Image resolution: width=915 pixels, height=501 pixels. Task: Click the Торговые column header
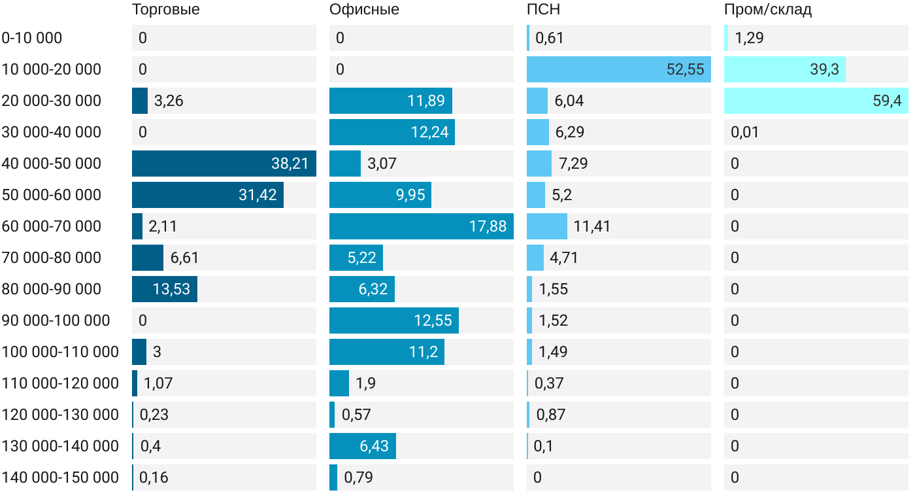165,10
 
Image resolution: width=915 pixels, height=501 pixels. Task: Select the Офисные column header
364,10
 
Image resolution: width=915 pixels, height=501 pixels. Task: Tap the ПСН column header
543,10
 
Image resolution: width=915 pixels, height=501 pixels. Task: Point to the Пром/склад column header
768,10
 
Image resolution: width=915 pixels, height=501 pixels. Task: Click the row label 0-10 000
32,38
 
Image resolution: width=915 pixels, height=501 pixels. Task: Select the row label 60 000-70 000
52,226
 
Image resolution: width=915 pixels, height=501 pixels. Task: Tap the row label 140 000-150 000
60,477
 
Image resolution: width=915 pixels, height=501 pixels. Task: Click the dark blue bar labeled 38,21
224,164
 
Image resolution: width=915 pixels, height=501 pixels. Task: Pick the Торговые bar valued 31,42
207,195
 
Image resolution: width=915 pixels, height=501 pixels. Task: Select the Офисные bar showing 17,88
421,226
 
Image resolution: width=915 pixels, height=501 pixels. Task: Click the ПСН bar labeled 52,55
618,69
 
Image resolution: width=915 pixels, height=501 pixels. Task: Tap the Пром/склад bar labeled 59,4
816,101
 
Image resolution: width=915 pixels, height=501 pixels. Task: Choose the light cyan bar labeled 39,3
784,69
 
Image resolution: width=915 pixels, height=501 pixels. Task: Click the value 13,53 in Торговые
171,289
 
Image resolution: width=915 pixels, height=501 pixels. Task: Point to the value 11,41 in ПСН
591,226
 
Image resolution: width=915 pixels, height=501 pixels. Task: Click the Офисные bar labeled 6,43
362,446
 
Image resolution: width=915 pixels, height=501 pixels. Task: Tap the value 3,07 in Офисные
382,164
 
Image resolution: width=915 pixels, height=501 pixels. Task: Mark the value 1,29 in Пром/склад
749,38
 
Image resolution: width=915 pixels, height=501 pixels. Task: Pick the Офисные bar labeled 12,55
393,320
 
